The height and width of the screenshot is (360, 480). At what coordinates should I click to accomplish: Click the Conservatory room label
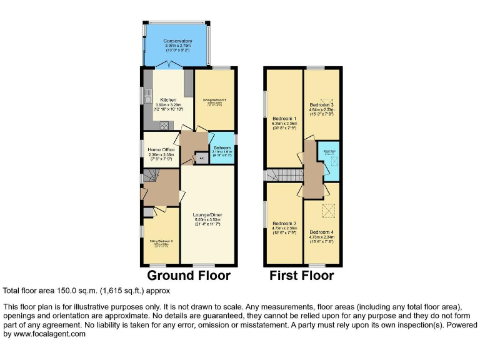point(177,41)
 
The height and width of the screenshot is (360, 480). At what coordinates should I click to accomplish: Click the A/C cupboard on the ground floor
point(201,159)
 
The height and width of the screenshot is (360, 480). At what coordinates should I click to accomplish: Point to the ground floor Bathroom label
point(222,147)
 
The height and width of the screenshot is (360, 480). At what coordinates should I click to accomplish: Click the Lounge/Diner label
point(209,215)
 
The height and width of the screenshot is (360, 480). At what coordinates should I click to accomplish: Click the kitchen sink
point(147,99)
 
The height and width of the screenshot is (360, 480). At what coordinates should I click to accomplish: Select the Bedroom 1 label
point(284,118)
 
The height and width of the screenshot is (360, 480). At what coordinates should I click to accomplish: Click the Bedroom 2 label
point(284,223)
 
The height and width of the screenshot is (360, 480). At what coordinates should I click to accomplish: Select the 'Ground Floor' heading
point(189,276)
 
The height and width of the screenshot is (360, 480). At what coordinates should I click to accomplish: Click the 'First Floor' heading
point(301,276)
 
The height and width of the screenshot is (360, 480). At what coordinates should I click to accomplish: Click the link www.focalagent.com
point(49,334)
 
